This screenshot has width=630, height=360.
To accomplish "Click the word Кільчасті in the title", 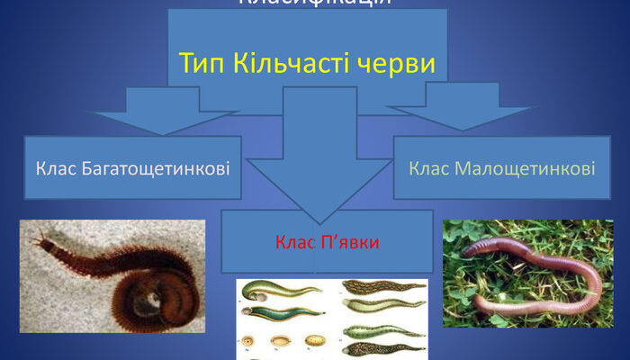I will point(291,64).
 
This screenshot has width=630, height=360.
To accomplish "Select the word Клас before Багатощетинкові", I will point(55,167).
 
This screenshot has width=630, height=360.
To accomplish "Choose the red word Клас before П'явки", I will point(291,242).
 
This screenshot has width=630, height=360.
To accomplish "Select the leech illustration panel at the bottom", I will point(332,319).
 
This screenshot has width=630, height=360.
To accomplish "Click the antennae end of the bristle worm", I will point(40,240).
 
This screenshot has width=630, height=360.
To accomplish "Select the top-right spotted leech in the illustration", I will point(382,288).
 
